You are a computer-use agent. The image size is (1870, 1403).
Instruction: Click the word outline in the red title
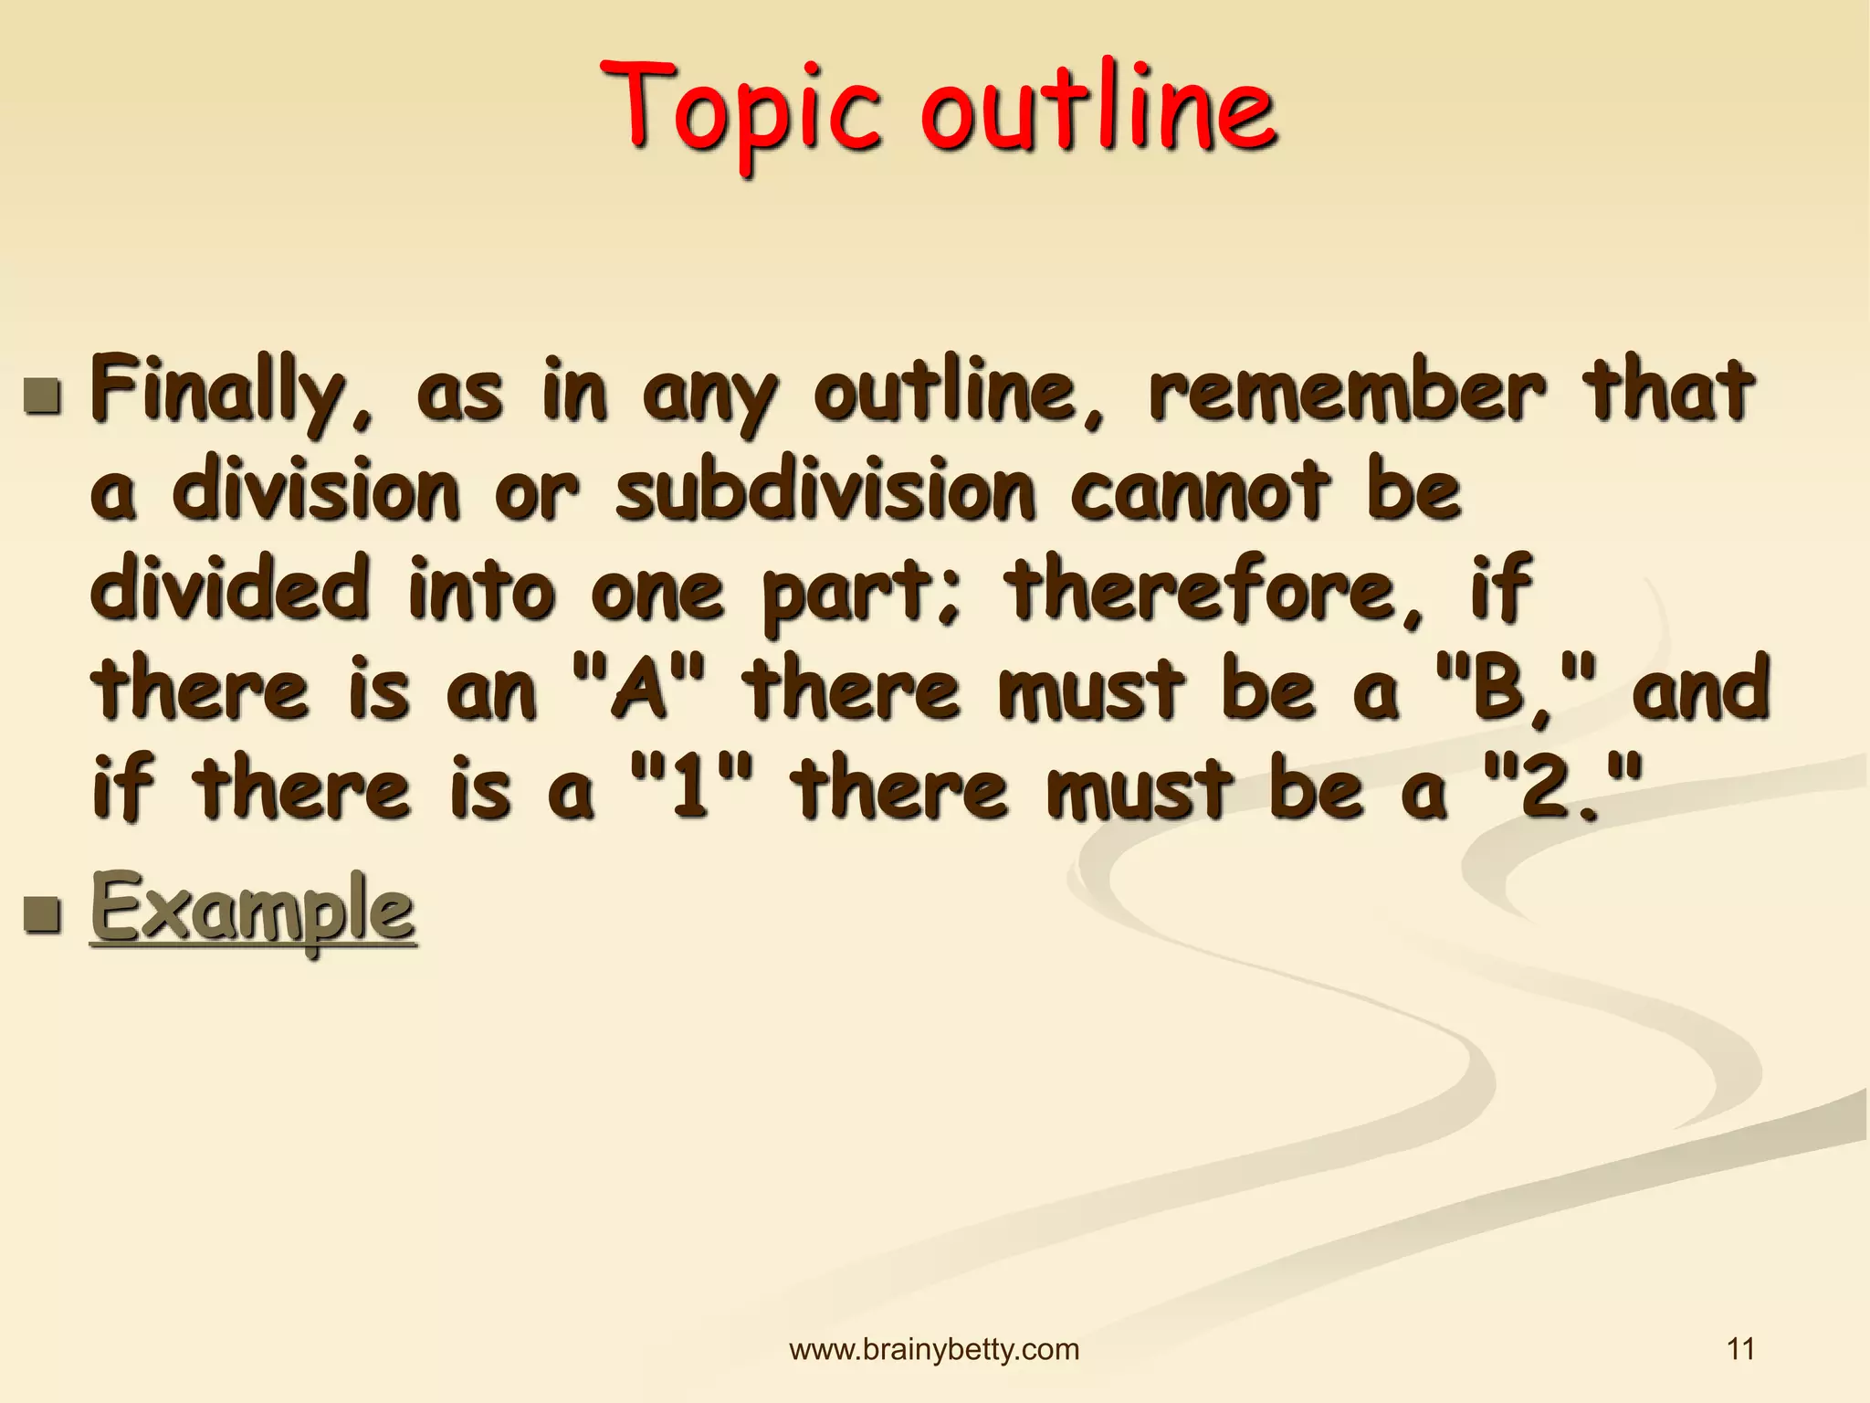1098,110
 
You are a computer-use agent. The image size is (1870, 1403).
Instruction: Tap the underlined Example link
253,909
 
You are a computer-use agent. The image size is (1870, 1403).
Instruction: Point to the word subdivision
825,491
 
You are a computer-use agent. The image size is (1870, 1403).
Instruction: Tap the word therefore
1214,591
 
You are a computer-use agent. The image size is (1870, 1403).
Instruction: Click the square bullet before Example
43,912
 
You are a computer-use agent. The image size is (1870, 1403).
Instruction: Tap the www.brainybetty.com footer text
934,1349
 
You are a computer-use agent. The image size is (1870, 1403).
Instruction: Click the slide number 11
1740,1349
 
